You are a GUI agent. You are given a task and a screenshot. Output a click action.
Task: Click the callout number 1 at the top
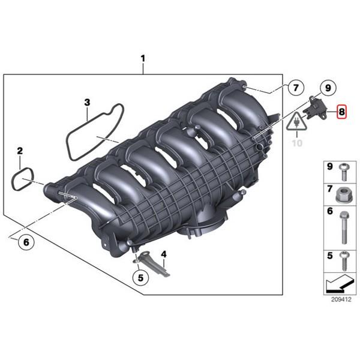[x=143, y=59]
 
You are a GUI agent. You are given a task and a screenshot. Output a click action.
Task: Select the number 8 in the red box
[x=341, y=112]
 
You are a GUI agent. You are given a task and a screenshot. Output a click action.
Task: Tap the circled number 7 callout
[x=296, y=88]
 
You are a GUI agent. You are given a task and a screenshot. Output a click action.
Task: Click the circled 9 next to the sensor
[x=328, y=88]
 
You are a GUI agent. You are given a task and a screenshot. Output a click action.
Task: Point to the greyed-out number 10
[x=297, y=143]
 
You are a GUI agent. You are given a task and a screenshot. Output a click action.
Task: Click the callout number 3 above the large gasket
[x=87, y=103]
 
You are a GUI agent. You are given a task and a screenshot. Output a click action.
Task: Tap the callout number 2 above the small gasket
[x=20, y=151]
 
